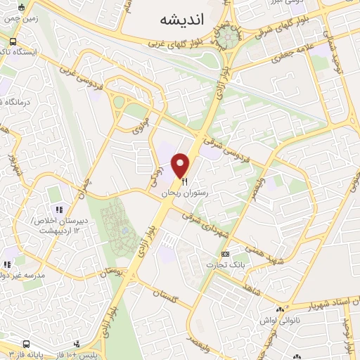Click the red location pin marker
tap(182, 164)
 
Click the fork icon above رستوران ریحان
tap(184, 181)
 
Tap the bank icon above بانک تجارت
tap(225, 254)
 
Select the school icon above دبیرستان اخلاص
tap(59, 210)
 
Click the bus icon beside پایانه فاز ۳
tap(25, 345)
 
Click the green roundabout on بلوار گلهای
tap(226, 39)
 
